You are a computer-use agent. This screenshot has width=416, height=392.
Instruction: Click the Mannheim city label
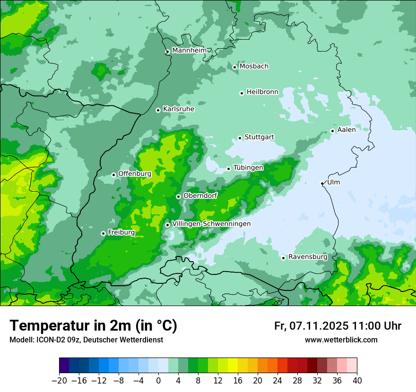(189, 51)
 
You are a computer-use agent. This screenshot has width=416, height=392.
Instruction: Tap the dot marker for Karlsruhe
(158, 110)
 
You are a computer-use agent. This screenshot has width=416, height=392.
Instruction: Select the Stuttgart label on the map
(259, 137)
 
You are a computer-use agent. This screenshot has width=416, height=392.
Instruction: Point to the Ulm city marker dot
(322, 183)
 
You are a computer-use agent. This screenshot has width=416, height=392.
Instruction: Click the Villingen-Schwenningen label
(211, 224)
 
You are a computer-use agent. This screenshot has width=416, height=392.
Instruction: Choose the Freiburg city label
(121, 232)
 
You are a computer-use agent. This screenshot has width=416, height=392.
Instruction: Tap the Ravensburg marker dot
(283, 258)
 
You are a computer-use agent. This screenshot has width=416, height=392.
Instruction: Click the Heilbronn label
(262, 92)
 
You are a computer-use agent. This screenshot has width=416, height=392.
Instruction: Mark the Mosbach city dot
(234, 67)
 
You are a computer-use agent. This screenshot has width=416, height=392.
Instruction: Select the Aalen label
(346, 130)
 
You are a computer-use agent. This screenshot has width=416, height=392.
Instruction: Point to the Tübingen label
(248, 168)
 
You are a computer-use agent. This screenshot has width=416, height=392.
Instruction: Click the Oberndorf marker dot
(178, 196)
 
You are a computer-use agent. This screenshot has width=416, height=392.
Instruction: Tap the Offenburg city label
(134, 174)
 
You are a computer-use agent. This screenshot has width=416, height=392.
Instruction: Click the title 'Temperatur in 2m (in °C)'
(93, 325)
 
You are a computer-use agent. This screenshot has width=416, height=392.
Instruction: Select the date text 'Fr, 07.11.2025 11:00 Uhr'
(338, 326)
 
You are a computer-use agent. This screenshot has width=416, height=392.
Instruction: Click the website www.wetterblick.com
(341, 340)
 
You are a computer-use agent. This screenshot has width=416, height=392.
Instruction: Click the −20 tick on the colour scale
(60, 381)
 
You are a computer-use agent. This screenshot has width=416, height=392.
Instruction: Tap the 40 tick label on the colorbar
(357, 381)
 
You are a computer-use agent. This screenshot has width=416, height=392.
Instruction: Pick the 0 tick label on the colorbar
(158, 381)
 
